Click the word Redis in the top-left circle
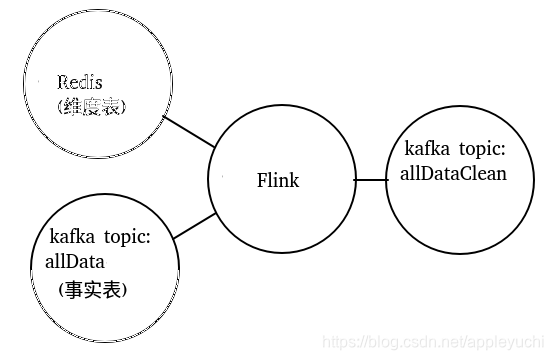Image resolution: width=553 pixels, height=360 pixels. [x=80, y=81]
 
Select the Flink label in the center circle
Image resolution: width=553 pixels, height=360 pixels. [x=277, y=181]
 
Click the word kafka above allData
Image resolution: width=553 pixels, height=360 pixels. [x=71, y=239]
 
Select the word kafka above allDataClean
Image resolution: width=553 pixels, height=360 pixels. [x=426, y=148]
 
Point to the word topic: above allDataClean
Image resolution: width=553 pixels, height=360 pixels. [x=479, y=148]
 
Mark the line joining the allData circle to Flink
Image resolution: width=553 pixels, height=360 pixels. [x=194, y=227]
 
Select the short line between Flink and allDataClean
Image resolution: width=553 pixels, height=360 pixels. [x=370, y=180]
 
